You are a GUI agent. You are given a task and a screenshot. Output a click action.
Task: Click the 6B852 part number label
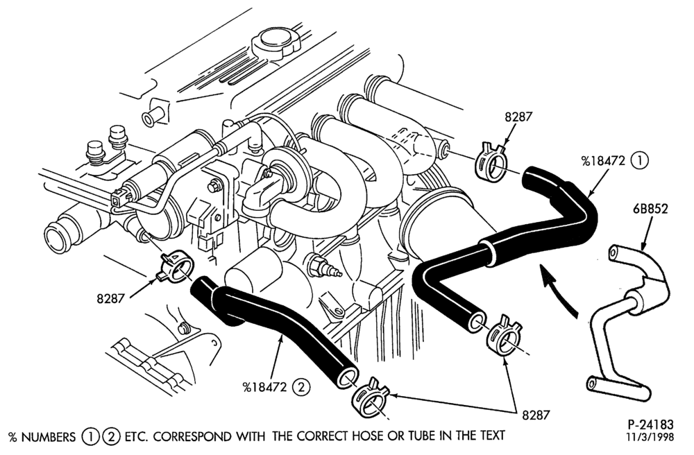point(650,208)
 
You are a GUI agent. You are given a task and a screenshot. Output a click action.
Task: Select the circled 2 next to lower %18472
point(301,387)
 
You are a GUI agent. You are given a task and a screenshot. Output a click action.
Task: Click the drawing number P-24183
point(651,425)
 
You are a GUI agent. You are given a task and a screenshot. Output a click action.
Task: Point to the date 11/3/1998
point(650,437)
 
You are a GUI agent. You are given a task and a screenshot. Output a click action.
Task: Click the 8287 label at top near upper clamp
point(518,117)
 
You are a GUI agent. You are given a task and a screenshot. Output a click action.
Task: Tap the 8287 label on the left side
point(110,299)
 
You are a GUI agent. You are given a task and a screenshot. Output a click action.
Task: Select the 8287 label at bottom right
point(536,415)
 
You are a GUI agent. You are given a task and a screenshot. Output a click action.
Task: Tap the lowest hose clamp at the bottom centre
point(370,398)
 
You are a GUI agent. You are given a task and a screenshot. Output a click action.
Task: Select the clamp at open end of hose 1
point(505,335)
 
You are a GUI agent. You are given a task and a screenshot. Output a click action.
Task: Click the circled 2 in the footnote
point(111,437)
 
